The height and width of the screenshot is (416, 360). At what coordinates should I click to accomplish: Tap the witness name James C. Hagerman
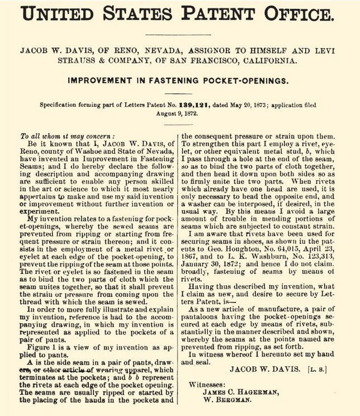point(235,393)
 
